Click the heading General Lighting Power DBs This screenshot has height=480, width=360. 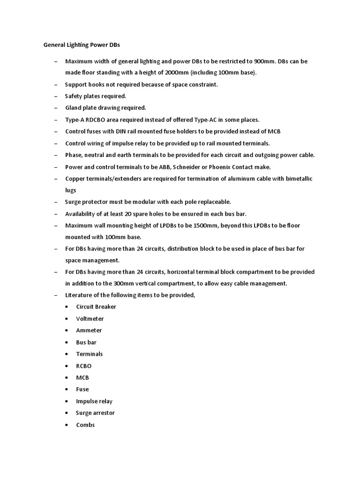82,45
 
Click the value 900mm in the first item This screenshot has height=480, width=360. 265,61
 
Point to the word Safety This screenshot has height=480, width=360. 74,96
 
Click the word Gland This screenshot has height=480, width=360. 74,108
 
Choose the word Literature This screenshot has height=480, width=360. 79,295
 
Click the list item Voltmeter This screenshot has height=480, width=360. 90,319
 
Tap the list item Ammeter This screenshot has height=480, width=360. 89,330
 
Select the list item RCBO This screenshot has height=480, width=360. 84,366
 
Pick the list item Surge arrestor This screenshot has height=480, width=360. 95,413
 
